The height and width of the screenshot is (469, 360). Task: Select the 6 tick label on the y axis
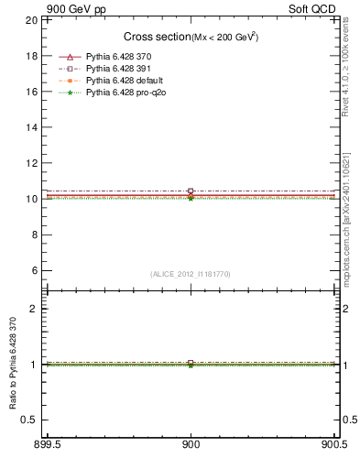tap(34, 270)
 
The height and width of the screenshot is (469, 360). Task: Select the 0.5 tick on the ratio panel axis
tap(30, 420)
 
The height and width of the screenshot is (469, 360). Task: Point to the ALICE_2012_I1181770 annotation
tap(191, 273)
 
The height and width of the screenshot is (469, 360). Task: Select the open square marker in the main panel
tap(191, 191)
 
